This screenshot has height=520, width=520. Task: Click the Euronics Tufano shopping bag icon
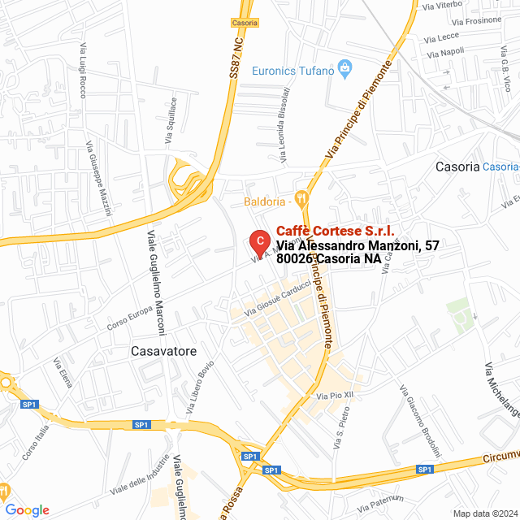344,67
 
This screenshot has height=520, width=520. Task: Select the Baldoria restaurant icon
302,197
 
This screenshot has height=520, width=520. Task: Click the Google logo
27,509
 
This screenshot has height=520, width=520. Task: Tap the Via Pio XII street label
335,395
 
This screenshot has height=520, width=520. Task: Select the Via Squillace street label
172,121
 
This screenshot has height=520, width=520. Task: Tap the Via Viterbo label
443,6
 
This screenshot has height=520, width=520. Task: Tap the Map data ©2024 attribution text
484,513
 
